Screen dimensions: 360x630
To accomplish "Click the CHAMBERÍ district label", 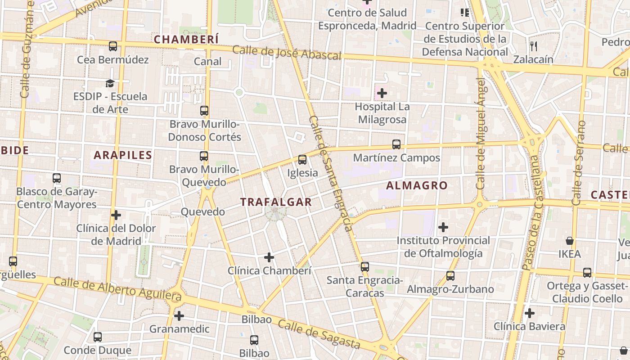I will pyautogui.click(x=186, y=40).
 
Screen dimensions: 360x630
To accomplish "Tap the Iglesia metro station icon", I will pyautogui.click(x=302, y=160).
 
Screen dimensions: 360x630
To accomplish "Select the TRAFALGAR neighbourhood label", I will pyautogui.click(x=276, y=202).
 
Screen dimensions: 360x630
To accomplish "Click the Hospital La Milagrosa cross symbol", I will pyautogui.click(x=382, y=94).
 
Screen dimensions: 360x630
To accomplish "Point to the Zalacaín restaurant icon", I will pyautogui.click(x=534, y=46).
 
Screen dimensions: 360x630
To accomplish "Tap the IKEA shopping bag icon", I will pyautogui.click(x=570, y=241).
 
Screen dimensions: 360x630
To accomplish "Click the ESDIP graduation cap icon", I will pyautogui.click(x=110, y=83).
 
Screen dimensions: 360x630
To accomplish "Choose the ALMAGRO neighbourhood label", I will pyautogui.click(x=417, y=185).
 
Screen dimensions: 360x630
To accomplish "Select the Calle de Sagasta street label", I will pyautogui.click(x=319, y=334).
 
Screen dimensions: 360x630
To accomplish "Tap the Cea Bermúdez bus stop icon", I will pyautogui.click(x=113, y=46).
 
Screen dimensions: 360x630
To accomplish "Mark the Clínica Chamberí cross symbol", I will pyautogui.click(x=269, y=257).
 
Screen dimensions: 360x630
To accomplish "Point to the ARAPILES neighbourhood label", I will pyautogui.click(x=123, y=155).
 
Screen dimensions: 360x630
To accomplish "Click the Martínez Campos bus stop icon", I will pyautogui.click(x=396, y=144).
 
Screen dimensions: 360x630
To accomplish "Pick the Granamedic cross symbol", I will pyautogui.click(x=179, y=316).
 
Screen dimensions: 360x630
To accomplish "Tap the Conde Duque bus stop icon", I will pyautogui.click(x=98, y=337).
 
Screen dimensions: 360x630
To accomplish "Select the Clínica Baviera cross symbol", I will pyautogui.click(x=530, y=313).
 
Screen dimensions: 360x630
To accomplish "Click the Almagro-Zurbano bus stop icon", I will pyautogui.click(x=450, y=276).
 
